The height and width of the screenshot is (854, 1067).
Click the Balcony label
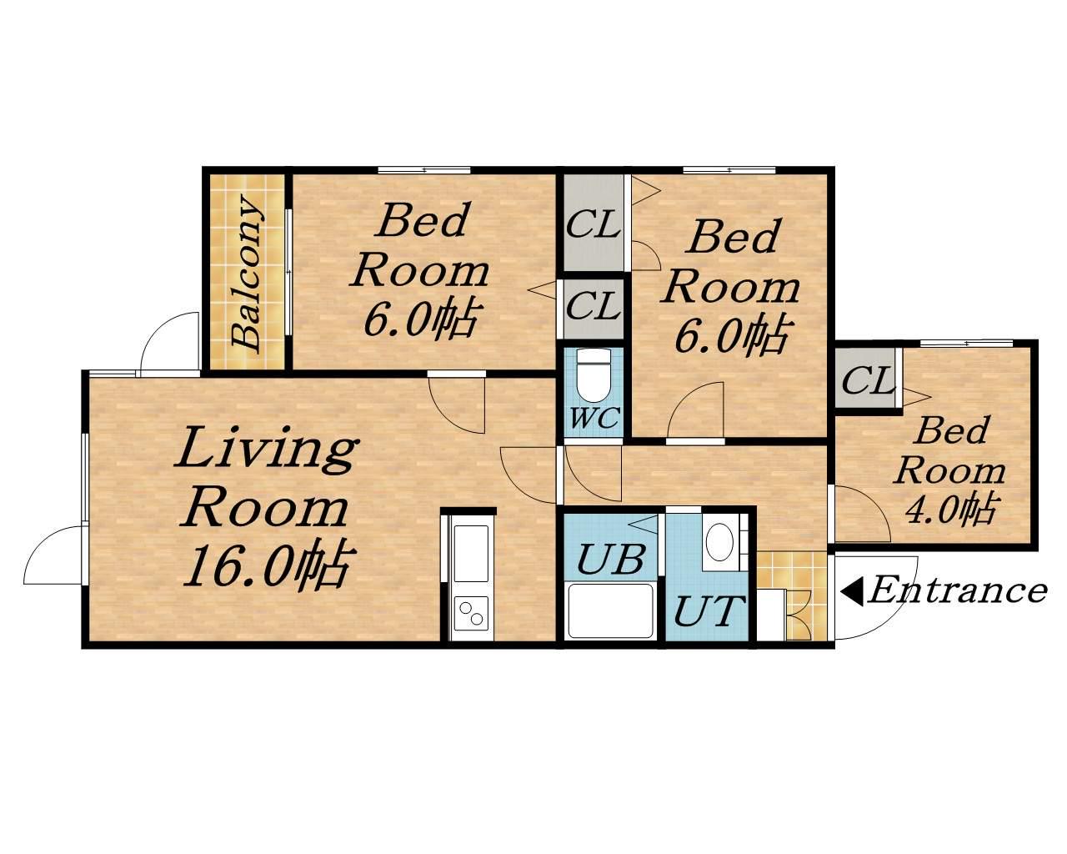pyautogui.click(x=247, y=273)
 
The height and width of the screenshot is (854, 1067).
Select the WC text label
pyautogui.click(x=594, y=418)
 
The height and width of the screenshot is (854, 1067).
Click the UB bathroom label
pyautogui.click(x=610, y=560)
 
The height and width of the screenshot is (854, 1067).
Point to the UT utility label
pyautogui.click(x=709, y=611)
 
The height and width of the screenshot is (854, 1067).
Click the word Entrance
pyautogui.click(x=958, y=591)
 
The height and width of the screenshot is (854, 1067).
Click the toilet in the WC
pyautogui.click(x=594, y=376)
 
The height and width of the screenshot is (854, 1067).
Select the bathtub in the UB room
pyautogui.click(x=610, y=610)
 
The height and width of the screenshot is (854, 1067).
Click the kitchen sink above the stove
pyautogui.click(x=470, y=553)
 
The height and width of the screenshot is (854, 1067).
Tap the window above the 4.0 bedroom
pyautogui.click(x=966, y=343)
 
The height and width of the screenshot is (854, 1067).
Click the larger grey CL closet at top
pyautogui.click(x=594, y=224)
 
